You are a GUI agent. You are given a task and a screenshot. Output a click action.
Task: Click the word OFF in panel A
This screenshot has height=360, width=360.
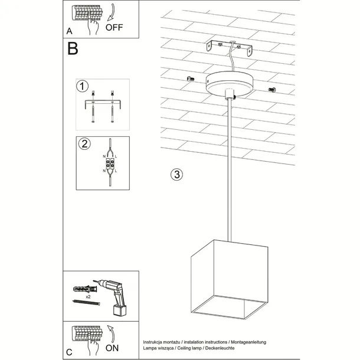click(x=115, y=27)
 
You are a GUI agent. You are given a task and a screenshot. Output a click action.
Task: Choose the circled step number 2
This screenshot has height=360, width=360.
click(x=84, y=143)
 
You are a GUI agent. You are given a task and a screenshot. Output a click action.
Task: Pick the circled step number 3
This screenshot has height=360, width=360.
click(x=176, y=175)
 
